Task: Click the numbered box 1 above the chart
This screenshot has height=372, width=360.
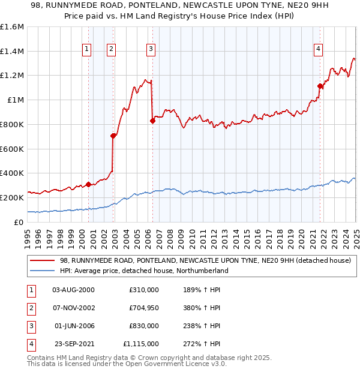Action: click(x=88, y=49)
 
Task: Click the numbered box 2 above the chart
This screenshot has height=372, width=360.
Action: click(x=112, y=49)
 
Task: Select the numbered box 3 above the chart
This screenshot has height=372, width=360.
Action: click(x=151, y=49)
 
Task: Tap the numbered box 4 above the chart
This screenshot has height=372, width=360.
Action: click(x=318, y=49)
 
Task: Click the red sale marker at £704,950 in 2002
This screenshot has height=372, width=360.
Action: click(x=113, y=136)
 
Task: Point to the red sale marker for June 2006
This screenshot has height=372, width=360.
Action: click(x=152, y=121)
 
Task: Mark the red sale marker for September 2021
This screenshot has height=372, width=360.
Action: click(x=320, y=86)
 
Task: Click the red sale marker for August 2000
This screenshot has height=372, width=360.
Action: click(x=88, y=184)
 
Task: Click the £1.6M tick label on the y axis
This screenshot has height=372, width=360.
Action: click(x=12, y=27)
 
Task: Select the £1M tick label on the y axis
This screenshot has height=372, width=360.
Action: click(x=15, y=100)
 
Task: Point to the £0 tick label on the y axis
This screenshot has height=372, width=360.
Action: click(x=19, y=222)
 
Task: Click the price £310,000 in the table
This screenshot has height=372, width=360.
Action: click(x=144, y=290)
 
